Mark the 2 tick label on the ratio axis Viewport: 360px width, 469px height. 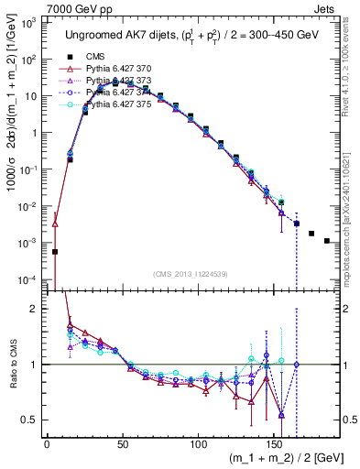click(36, 309)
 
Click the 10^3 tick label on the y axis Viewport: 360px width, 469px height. click(30, 22)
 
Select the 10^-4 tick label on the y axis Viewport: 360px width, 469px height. click(30, 279)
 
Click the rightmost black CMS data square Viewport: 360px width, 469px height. click(327, 241)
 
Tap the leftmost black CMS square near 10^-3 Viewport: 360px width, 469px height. click(55, 251)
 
